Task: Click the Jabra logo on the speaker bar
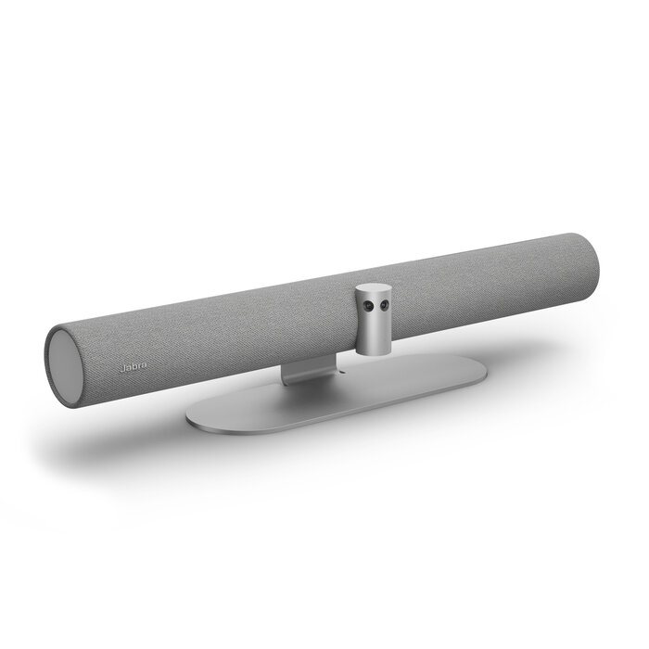(x=133, y=367)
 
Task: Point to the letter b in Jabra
(x=134, y=367)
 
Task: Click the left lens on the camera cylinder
(x=369, y=305)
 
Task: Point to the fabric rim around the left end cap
(x=48, y=357)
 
